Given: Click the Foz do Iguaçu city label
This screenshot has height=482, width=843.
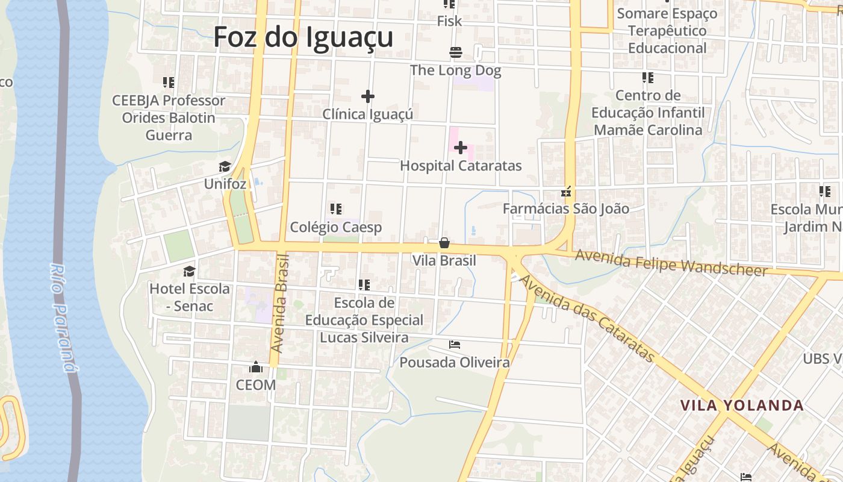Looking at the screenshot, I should (x=303, y=37).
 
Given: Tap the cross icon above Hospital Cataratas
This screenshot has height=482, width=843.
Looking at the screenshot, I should (x=461, y=148).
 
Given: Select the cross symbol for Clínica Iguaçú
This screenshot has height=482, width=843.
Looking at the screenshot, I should (x=368, y=96).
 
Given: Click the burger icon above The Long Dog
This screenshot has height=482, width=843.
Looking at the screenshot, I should (x=456, y=52).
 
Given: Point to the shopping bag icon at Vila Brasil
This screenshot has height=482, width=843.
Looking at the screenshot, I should (x=444, y=243).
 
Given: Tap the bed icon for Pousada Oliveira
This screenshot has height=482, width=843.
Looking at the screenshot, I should (x=455, y=345).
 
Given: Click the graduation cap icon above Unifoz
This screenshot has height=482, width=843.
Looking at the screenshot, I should (x=225, y=167).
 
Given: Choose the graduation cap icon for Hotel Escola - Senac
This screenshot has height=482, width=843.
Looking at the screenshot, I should (x=190, y=271).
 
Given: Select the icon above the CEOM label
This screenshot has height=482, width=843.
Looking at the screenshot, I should (x=256, y=367).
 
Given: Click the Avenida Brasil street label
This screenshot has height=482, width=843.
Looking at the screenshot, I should (x=281, y=303).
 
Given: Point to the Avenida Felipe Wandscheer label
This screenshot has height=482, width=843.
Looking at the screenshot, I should (x=672, y=263).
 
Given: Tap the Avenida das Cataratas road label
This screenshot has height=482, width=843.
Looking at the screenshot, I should (x=587, y=319).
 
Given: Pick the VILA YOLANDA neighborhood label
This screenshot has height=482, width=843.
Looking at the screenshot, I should (x=742, y=405).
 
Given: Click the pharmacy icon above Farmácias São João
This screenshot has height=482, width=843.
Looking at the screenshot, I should (x=566, y=192).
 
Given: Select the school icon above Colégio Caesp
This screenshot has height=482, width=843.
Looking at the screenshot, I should (x=336, y=209).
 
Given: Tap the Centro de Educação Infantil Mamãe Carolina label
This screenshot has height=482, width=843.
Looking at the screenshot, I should (x=648, y=113).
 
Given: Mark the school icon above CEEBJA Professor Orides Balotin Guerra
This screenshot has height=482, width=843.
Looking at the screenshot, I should (x=169, y=82).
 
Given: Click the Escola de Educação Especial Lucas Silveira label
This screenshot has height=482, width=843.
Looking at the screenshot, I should (x=364, y=320).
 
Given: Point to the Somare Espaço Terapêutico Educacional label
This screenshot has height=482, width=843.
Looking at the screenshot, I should (x=667, y=31).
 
